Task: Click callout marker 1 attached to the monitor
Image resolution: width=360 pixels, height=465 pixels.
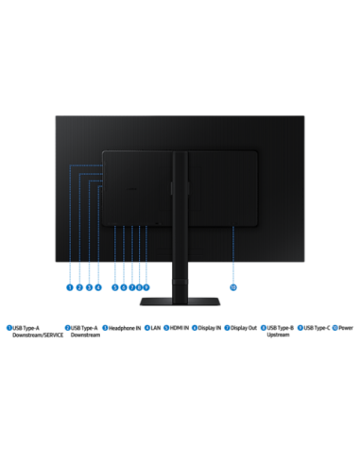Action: [70, 287]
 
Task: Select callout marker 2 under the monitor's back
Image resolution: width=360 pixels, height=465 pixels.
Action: [79, 287]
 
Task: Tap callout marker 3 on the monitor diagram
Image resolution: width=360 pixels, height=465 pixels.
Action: [89, 287]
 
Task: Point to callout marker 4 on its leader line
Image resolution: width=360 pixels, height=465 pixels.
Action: [98, 287]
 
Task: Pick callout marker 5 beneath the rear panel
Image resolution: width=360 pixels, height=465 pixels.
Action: [115, 287]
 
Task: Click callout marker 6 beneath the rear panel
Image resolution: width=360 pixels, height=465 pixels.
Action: [124, 287]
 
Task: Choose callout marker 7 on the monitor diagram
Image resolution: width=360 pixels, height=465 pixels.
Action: [131, 287]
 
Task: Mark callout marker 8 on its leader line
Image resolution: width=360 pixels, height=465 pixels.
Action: [139, 287]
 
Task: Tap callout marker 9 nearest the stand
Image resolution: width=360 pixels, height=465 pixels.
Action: [146, 287]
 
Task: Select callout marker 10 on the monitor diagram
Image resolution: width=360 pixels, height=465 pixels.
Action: [233, 287]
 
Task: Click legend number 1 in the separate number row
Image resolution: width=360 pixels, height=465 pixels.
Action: [9, 328]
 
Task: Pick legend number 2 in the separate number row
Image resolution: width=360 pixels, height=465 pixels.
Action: [67, 328]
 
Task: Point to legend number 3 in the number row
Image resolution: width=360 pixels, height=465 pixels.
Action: [105, 328]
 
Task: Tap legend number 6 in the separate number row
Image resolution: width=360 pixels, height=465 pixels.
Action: [195, 328]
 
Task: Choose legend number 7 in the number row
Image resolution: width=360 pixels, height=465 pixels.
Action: [227, 328]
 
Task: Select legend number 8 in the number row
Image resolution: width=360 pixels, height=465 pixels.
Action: [264, 328]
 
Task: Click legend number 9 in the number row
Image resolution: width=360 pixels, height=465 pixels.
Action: [300, 328]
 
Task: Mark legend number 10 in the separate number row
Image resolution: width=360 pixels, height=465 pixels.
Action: [334, 328]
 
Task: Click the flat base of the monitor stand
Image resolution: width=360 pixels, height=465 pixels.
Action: [180, 301]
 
